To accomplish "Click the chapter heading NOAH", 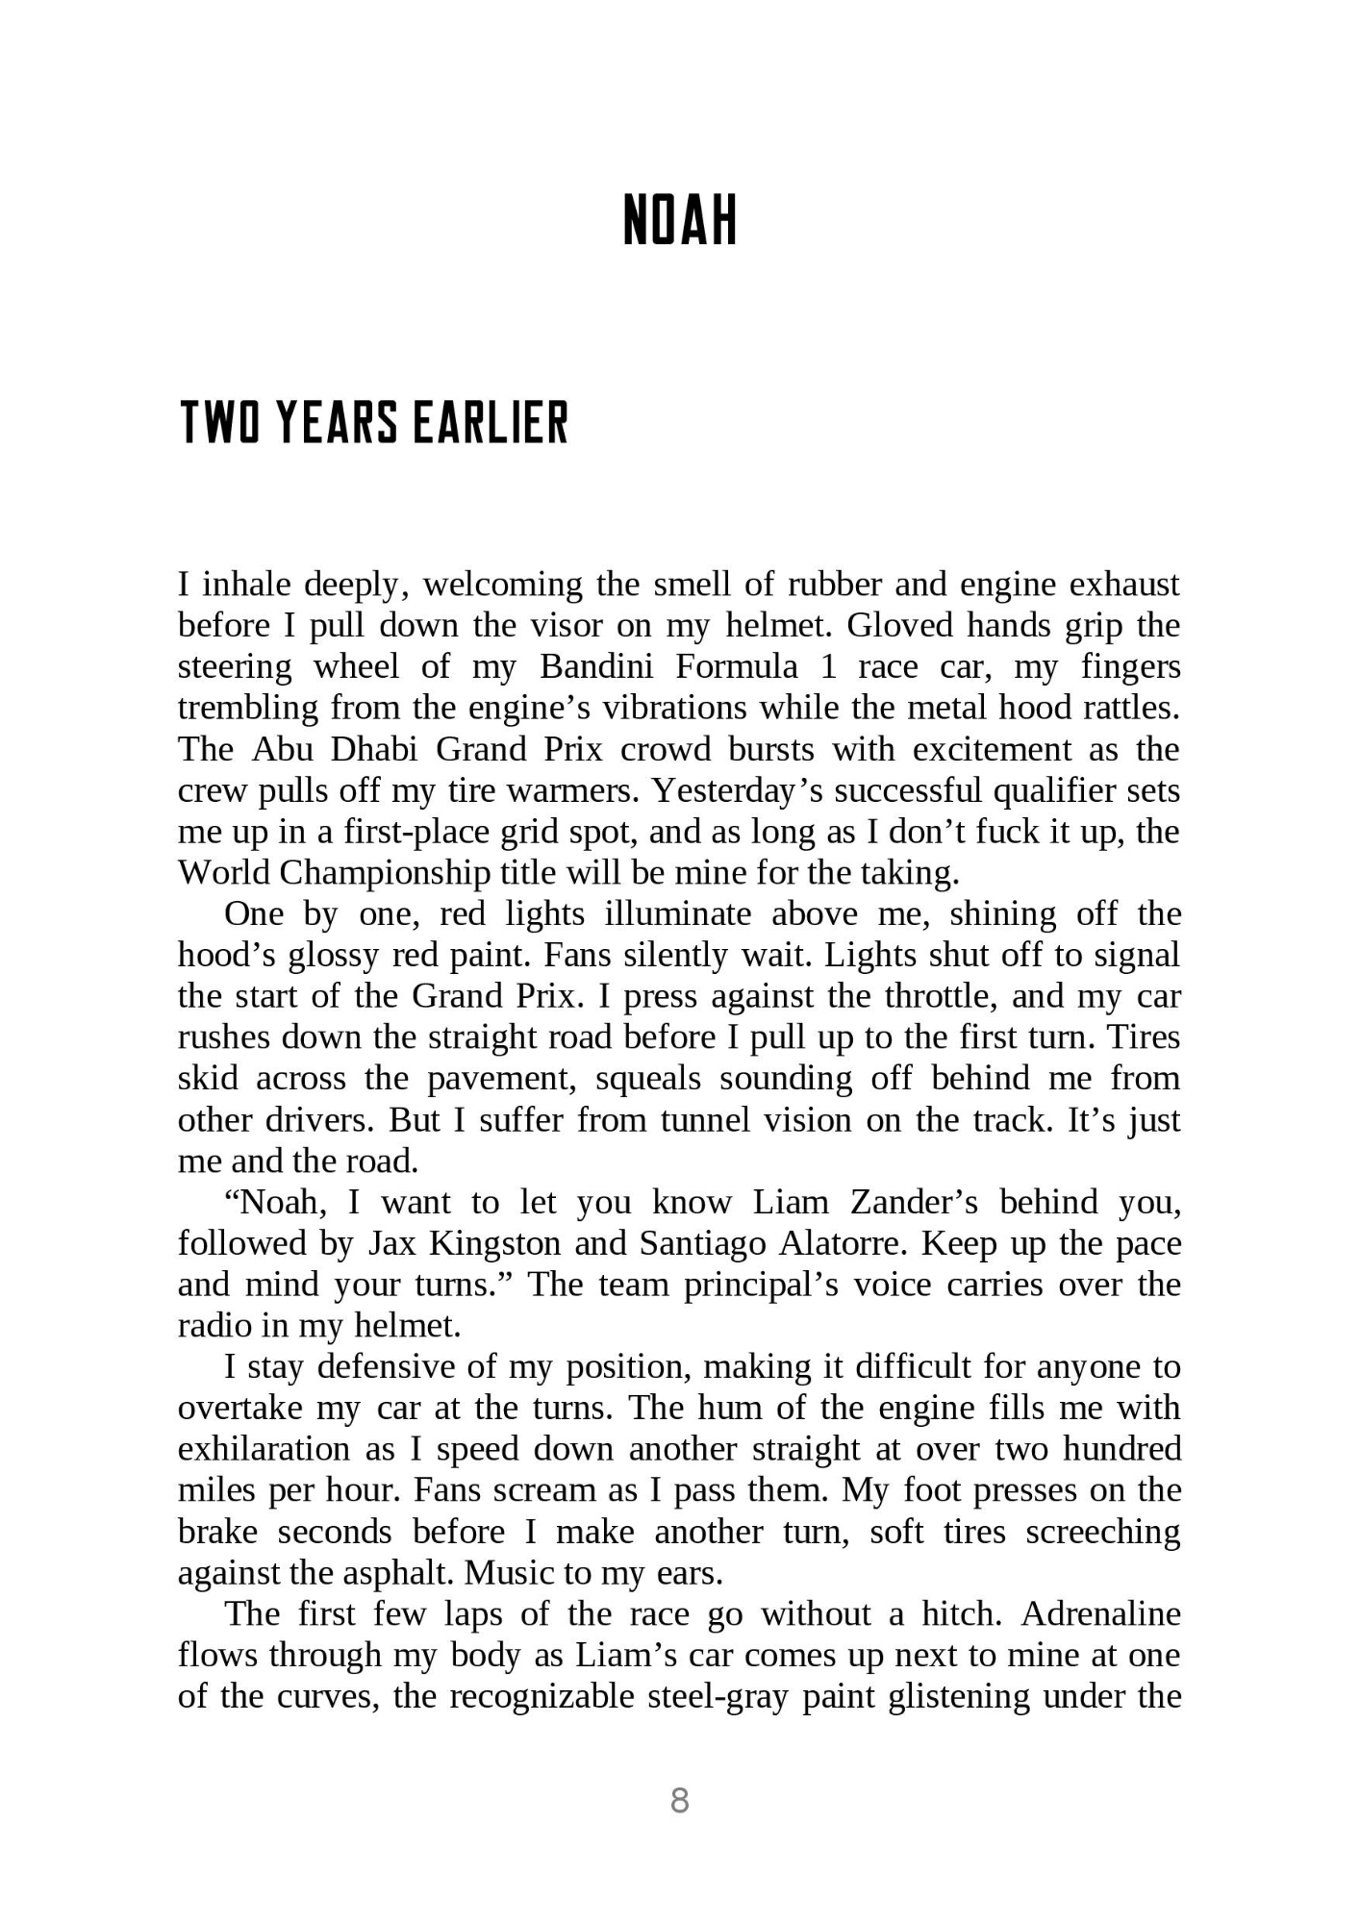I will click(x=679, y=220).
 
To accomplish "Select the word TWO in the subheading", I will click(x=220, y=423).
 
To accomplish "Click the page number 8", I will click(x=679, y=1800).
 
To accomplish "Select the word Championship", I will click(x=375, y=873).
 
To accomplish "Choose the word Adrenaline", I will click(x=1101, y=1613).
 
